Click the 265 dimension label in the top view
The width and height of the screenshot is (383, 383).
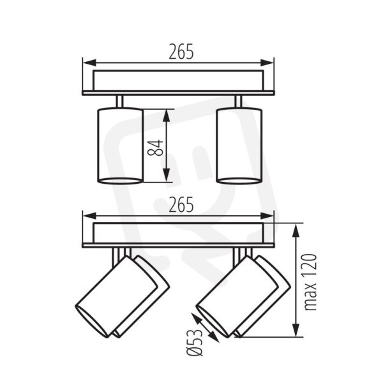[x=181, y=52]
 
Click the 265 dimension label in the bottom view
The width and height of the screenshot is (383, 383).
[x=181, y=205]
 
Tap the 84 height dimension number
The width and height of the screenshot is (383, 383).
[x=155, y=148]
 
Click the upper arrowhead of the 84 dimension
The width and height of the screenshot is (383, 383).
[x=167, y=116]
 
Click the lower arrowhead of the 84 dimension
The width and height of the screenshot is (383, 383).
[x=167, y=176]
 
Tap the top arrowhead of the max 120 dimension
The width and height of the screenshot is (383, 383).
[x=296, y=230]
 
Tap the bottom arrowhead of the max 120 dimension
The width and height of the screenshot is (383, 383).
[x=296, y=330]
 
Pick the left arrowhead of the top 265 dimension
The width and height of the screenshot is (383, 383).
[x=89, y=63]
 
